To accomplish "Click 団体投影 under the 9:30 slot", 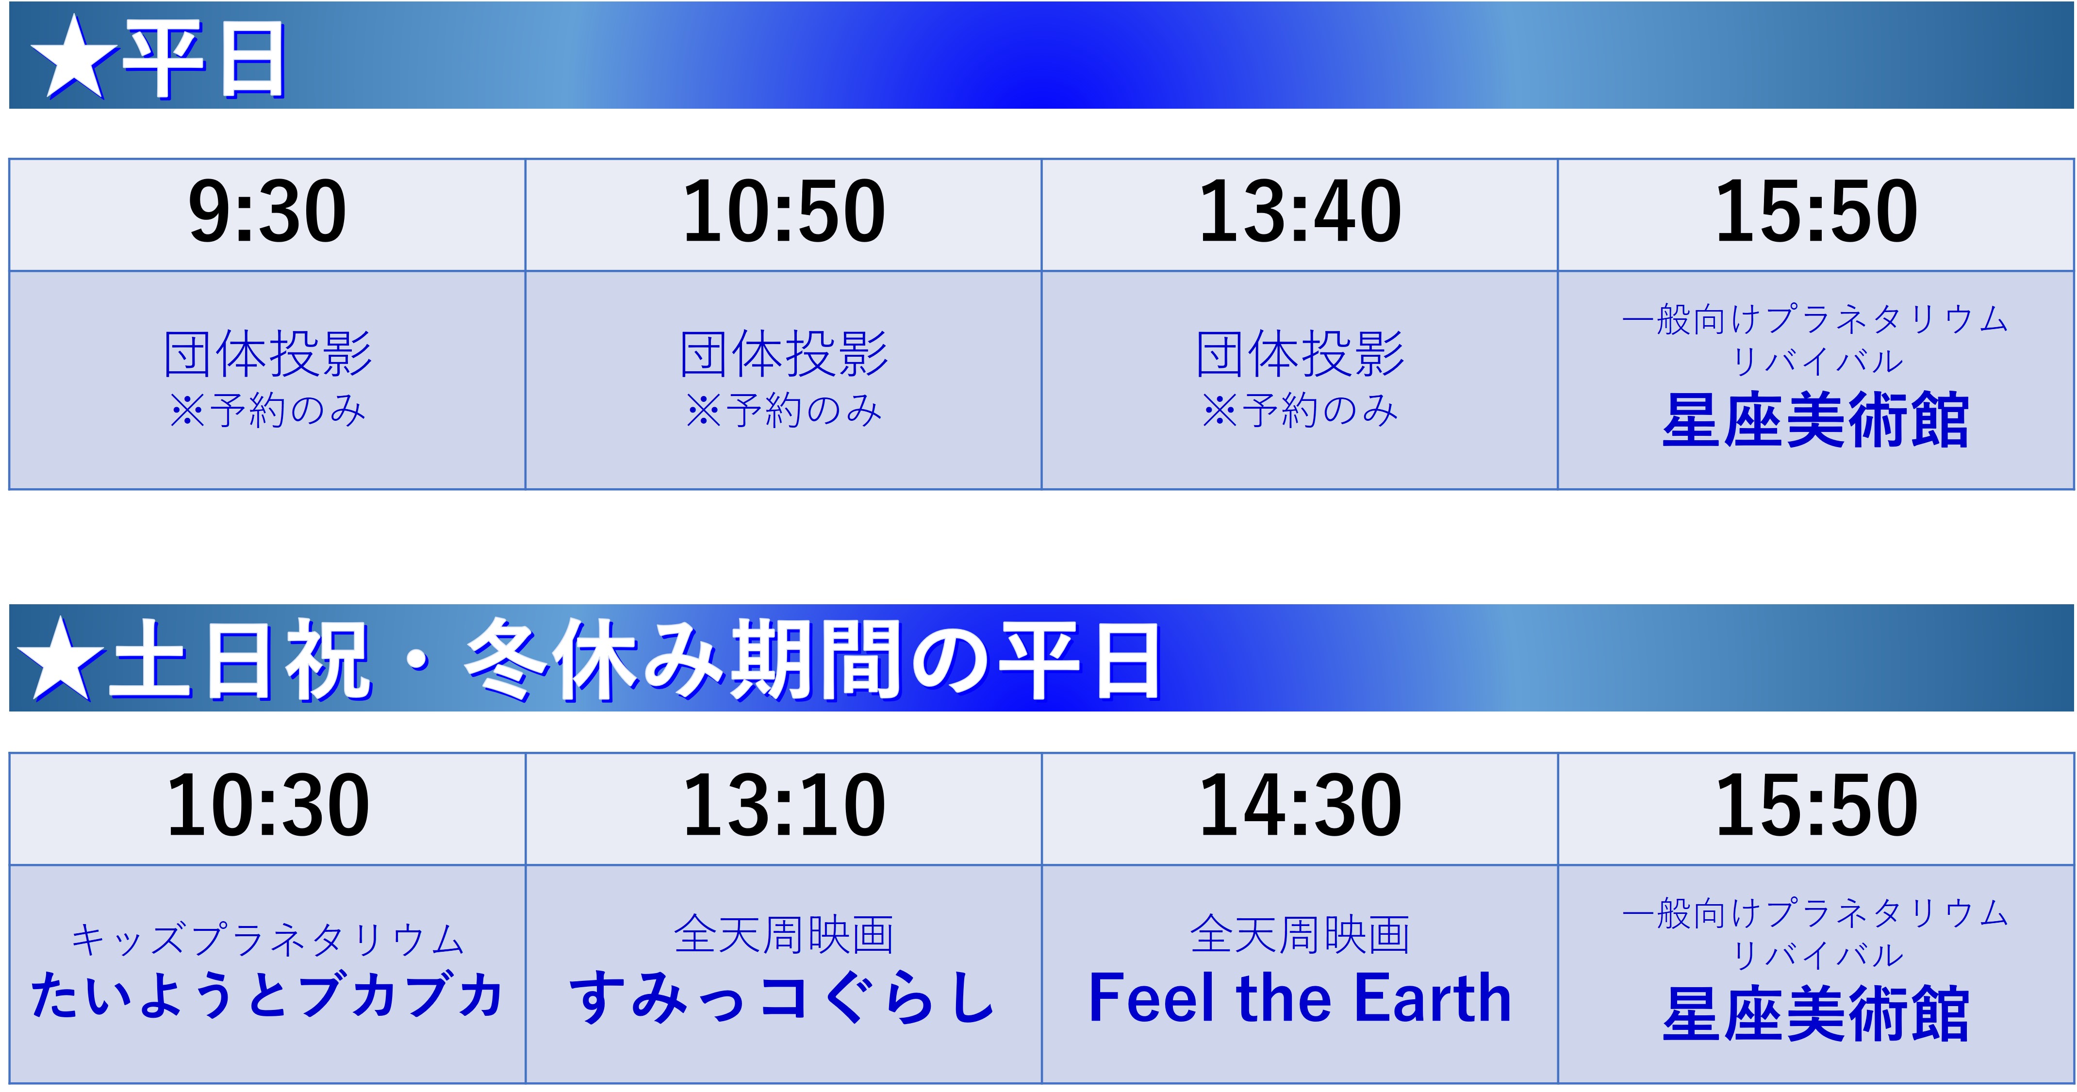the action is [268, 354].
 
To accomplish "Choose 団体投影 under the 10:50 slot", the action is [784, 354].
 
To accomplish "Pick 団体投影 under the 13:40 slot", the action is [1300, 354].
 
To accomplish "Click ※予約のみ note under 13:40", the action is [1300, 411].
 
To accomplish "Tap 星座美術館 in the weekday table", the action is [1816, 420].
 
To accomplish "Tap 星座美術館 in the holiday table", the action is [1816, 1014].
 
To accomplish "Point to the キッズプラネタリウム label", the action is [268, 940].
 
